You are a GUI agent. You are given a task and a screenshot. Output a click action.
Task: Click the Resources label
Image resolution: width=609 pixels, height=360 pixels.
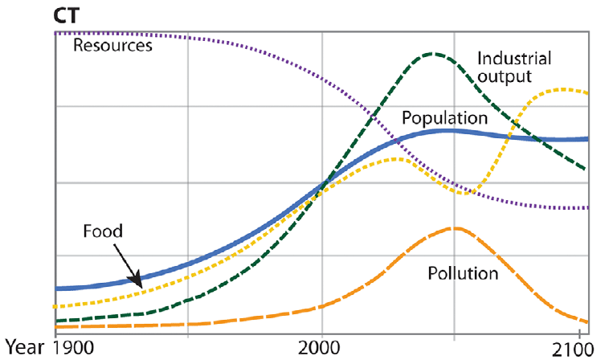(112, 46)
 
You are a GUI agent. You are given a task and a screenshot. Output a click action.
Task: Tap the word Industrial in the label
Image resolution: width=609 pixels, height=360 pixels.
(513, 59)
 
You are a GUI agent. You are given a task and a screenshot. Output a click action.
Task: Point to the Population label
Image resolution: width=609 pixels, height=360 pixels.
(445, 118)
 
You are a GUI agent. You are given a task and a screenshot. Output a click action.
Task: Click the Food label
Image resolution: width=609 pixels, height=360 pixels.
(102, 231)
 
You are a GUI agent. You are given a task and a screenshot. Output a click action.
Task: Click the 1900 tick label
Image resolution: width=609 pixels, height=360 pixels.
(70, 349)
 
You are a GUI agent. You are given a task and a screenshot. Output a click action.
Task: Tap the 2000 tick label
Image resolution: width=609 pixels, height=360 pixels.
(321, 349)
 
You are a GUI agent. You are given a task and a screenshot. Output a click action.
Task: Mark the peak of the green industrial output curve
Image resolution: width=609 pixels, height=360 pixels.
(432, 54)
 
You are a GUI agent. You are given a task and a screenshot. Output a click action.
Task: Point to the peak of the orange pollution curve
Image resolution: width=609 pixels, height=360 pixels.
(455, 228)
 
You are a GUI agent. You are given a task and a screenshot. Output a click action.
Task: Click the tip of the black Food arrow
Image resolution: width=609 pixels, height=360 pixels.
(141, 286)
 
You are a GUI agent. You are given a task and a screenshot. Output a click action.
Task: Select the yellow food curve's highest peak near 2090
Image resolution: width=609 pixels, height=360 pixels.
(561, 88)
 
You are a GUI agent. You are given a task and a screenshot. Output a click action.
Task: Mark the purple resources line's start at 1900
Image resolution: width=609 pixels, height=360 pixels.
(54, 33)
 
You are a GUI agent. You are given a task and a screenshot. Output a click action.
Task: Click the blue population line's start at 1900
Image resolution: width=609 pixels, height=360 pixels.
(54, 288)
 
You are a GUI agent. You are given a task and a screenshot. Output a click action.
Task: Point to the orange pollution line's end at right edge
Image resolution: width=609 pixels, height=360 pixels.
(587, 321)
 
